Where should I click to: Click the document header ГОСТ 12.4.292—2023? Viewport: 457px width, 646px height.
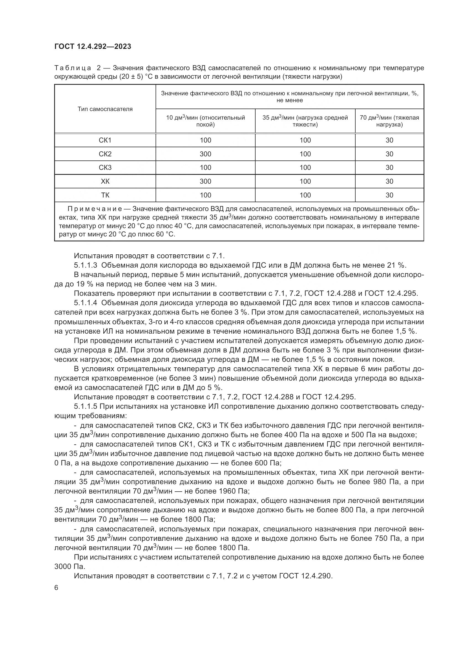point(93,46)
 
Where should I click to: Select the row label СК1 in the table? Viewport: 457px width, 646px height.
point(105,140)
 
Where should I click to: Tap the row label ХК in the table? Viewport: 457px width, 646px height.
point(105,181)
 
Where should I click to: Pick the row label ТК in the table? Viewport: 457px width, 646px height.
point(105,195)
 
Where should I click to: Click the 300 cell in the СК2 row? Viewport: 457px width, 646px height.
point(205,154)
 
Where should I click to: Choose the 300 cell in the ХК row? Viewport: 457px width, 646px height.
point(205,181)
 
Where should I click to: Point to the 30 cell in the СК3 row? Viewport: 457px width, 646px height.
point(389,167)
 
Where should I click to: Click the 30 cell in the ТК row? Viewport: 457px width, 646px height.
point(389,195)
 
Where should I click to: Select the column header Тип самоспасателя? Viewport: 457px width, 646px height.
point(105,109)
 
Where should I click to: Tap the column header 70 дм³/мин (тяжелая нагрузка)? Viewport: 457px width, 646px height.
point(389,121)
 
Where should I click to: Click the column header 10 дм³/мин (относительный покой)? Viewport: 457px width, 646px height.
point(205,121)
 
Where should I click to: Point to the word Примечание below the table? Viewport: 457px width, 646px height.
point(94,209)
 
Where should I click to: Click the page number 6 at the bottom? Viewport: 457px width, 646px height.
point(56,587)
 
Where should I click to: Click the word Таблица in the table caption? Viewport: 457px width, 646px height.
point(73,68)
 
